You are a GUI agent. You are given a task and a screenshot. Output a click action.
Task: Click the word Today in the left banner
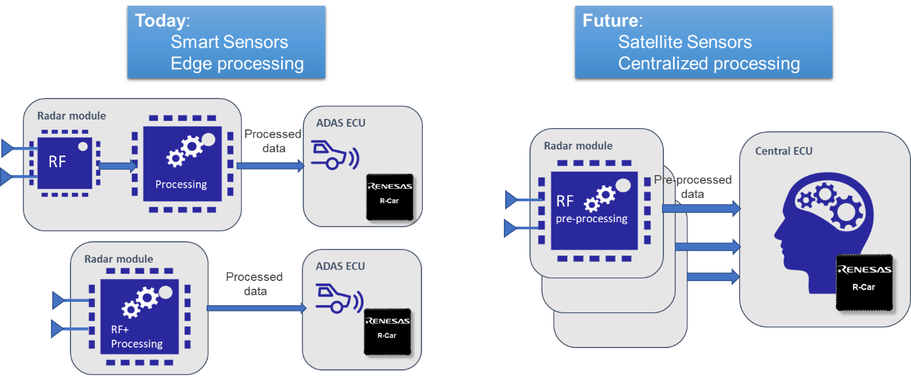tap(160, 21)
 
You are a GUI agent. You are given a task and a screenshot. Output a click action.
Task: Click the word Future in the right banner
tap(608, 21)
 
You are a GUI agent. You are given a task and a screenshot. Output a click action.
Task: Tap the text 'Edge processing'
tap(237, 64)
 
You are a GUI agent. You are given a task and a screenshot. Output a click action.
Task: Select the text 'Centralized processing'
tap(708, 64)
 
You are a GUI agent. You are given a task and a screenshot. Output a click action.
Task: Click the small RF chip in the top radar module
tap(64, 163)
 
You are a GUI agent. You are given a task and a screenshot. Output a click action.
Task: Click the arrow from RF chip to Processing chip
tap(118, 166)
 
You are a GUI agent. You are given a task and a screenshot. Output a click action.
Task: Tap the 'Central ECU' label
tap(784, 151)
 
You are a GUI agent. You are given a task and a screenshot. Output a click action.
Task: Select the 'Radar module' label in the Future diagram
tap(578, 145)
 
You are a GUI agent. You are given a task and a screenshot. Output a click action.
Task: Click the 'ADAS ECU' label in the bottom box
tap(340, 266)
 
